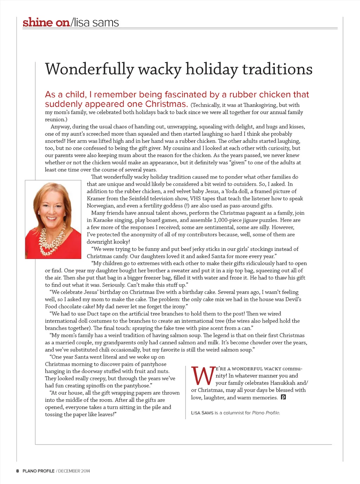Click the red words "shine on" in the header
(46, 23)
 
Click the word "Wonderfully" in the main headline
(89, 69)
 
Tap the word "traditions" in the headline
(277, 69)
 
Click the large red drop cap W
(202, 376)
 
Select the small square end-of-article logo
(283, 397)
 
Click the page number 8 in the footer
(17, 471)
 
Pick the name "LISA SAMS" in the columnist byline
(202, 413)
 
